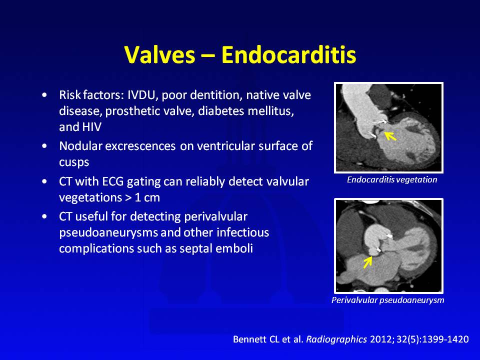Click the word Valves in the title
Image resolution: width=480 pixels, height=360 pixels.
pos(160,55)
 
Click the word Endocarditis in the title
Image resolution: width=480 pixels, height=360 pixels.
pos(288,55)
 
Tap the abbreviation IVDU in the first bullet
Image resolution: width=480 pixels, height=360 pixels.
pos(142,95)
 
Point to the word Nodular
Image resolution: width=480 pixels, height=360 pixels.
pos(80,146)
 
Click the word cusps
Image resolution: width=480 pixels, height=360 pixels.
pos(74,162)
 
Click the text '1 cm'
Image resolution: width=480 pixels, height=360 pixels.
pos(147,198)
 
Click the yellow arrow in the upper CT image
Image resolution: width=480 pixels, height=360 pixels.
pos(390,136)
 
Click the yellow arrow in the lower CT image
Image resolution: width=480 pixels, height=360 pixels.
pos(367,262)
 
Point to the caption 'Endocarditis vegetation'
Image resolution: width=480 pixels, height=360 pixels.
pos(392,179)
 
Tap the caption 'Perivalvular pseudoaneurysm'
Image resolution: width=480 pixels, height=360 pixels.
pos(388,300)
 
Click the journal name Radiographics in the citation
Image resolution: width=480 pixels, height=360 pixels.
pos(336,339)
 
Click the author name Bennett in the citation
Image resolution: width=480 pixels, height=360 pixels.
pos(250,339)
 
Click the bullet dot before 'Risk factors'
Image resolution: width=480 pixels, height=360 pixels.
pos(45,95)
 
